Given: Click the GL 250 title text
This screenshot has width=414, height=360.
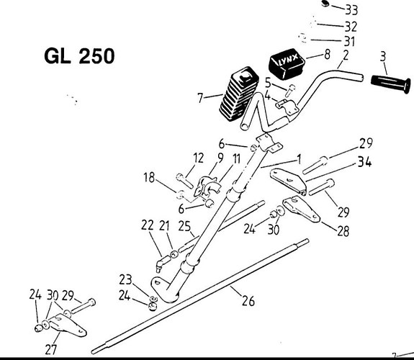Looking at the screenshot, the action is point(79,56).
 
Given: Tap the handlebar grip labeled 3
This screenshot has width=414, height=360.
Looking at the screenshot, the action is point(391,83).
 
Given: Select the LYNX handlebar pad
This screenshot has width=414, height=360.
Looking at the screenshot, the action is point(287,63).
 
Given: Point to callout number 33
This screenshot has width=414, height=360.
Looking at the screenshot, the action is point(351,10).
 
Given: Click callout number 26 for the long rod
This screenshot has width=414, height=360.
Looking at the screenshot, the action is point(248,301).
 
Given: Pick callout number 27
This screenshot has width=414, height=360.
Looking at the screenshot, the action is point(51,349).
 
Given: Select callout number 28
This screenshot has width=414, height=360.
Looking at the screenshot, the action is point(343,231).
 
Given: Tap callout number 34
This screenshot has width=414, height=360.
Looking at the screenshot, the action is point(364,162).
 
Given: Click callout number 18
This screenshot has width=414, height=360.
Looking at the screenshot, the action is point(149,178).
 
